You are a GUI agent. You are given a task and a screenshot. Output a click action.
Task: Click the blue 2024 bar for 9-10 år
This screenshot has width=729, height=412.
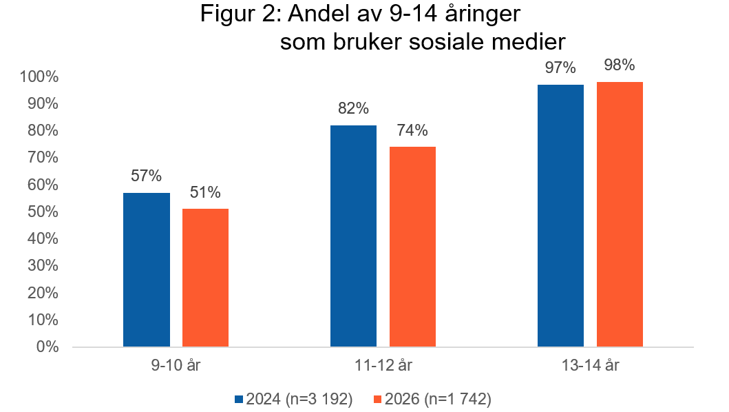coord(146,269)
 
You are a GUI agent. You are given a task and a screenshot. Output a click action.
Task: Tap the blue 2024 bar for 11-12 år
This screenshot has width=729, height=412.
coord(353,236)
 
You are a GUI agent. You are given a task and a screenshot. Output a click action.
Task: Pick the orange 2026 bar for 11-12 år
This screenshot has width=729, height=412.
coord(412,246)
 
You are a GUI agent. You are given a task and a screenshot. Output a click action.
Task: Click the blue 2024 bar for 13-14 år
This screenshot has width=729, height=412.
coord(560,215)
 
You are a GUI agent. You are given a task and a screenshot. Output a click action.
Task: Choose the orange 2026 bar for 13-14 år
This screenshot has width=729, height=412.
coord(620,214)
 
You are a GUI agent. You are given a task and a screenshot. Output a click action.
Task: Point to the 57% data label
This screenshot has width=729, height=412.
coord(146,176)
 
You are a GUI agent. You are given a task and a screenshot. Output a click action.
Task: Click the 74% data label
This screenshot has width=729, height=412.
coord(412,130)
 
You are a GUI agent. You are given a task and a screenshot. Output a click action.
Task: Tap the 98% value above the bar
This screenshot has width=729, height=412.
coord(620,65)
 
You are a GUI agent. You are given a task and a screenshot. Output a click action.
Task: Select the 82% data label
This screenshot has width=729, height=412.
coord(353,108)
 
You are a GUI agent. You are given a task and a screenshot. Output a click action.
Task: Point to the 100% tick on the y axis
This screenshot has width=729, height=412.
coord(39,76)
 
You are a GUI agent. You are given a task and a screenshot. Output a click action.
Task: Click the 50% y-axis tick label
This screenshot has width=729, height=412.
coord(43,212)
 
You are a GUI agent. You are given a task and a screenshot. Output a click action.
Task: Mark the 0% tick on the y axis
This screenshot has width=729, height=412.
coord(47,347)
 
